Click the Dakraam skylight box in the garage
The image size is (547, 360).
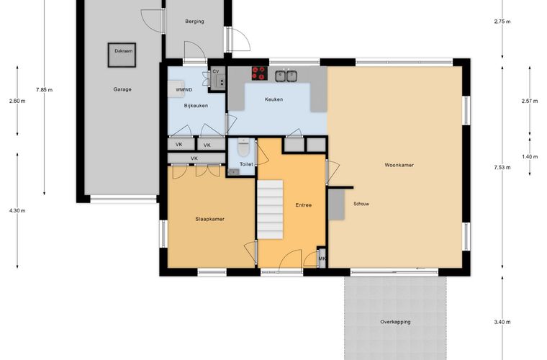[122, 55]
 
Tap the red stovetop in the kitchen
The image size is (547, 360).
[260, 73]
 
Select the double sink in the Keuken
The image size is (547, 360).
[286, 76]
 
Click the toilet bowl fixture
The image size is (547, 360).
[243, 147]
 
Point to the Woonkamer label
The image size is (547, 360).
[399, 165]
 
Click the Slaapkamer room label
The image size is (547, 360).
[209, 219]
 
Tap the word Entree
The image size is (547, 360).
[304, 205]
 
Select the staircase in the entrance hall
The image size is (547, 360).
[270, 210]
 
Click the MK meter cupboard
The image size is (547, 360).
[322, 258]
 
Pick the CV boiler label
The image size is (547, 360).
[216, 71]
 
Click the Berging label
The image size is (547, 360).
[194, 22]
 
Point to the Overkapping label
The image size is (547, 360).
[395, 322]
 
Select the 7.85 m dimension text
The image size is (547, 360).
[45, 90]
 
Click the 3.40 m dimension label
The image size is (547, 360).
[502, 322]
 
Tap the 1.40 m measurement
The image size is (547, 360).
[530, 157]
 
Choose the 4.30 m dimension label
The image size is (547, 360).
[17, 211]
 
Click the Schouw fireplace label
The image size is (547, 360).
[361, 204]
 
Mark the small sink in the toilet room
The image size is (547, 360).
[233, 172]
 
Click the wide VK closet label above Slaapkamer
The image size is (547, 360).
[194, 158]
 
